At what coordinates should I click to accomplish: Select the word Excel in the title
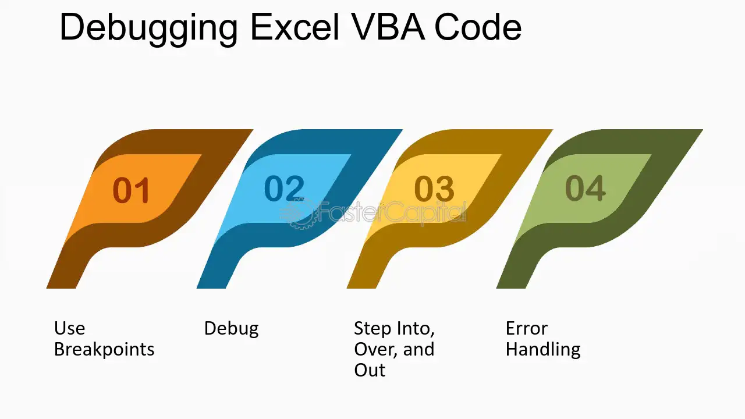click(x=295, y=27)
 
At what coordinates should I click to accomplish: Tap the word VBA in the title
click(x=387, y=27)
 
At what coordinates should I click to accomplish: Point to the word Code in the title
click(x=478, y=27)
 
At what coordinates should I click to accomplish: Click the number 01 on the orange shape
click(x=131, y=190)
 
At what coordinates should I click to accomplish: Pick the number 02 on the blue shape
click(x=285, y=188)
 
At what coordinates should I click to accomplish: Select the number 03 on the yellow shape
click(x=434, y=189)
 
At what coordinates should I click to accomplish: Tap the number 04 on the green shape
click(x=585, y=188)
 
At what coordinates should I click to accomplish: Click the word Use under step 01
click(x=69, y=329)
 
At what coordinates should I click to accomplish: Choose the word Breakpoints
click(x=104, y=350)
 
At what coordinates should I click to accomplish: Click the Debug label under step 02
click(x=232, y=329)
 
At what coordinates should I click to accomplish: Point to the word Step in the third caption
click(x=372, y=329)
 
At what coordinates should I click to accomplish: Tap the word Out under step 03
click(x=370, y=370)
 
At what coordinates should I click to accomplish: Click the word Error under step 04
click(x=527, y=329)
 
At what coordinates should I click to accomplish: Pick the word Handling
click(x=543, y=350)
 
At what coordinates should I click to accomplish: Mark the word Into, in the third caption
click(x=416, y=329)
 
